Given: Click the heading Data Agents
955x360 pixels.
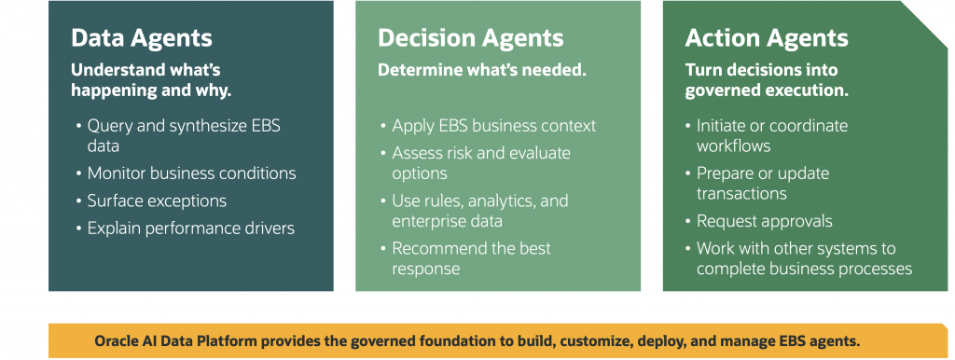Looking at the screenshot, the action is (142, 37).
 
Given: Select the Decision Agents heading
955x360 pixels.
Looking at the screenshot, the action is (470, 37).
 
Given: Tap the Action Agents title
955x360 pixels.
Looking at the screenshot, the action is (767, 37).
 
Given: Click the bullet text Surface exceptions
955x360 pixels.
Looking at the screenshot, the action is (157, 201).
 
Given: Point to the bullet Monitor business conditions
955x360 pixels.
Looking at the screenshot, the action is (192, 173).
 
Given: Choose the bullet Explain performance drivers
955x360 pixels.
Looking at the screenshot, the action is (190, 228).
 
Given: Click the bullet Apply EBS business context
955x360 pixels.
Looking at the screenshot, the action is (494, 126).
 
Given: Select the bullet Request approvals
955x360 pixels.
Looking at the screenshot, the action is (765, 221).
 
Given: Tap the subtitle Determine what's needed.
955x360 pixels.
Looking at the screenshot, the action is (482, 69).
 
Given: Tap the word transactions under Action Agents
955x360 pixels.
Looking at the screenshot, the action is (741, 194).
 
